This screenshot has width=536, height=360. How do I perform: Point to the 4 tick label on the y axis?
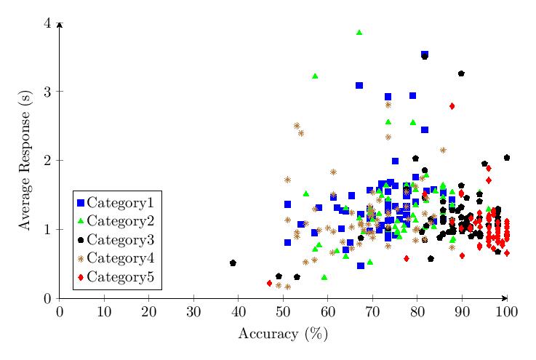(x=48, y=23)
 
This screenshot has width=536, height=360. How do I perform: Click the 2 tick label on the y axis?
(x=48, y=161)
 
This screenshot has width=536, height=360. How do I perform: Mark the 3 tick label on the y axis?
(x=48, y=92)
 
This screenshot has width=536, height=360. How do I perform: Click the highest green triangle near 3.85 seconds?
(x=359, y=33)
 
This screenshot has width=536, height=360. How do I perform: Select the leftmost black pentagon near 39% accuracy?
(x=233, y=263)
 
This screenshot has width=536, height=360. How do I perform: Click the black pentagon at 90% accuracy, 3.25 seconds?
(x=461, y=73)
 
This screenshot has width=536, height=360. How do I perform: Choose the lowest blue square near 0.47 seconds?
(x=361, y=265)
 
